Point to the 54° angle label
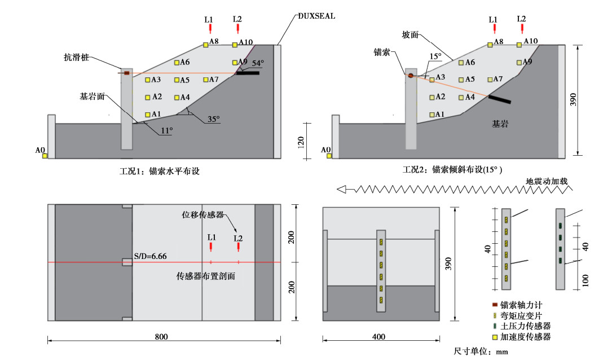click(258, 63)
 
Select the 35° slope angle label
click(213, 120)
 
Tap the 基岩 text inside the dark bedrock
click(499, 124)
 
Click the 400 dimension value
click(379, 337)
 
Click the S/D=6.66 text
click(149, 257)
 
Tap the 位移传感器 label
click(202, 215)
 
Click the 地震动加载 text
click(547, 182)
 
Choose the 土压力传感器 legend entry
click(525, 326)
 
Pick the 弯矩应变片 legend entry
click(521, 315)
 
